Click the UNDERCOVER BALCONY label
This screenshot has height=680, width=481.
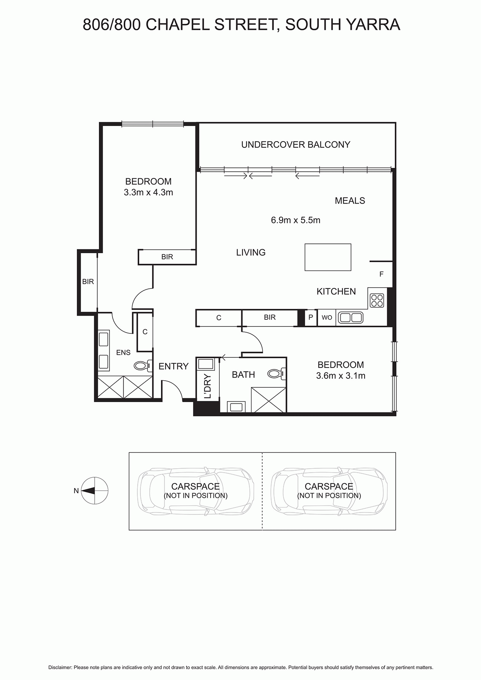296,145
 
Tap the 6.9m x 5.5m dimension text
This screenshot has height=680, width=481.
296,220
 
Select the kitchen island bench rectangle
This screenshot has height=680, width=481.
328,257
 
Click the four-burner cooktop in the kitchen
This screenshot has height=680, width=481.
377,300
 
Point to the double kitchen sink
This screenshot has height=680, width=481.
351,318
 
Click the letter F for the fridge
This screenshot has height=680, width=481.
381,274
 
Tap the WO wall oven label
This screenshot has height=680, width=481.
327,318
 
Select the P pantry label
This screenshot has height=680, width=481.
311,318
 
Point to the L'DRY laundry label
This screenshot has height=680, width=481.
208,386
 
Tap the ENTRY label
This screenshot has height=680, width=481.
173,366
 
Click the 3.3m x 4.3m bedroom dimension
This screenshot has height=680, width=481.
148,192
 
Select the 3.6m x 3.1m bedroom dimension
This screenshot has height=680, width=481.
341,376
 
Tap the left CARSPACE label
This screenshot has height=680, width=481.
196,487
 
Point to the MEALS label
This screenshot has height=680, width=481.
350,201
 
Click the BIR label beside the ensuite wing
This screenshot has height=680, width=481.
88,282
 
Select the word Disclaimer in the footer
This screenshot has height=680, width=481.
60,668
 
